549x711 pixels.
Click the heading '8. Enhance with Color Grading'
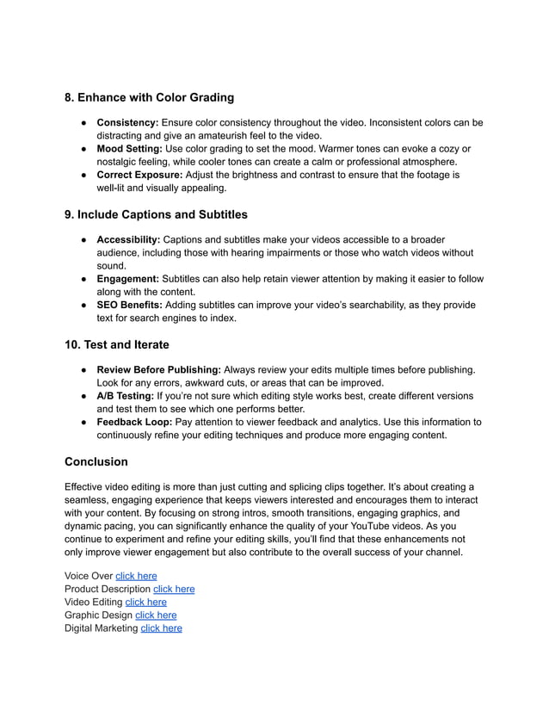click(x=149, y=97)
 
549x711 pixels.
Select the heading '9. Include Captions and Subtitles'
click(x=156, y=214)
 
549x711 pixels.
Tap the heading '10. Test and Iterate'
click(x=116, y=344)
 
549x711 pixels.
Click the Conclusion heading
click(x=96, y=461)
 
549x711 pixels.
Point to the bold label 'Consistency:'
click(x=127, y=122)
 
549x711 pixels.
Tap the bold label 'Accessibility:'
click(x=128, y=239)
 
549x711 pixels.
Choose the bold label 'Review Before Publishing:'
click(x=159, y=369)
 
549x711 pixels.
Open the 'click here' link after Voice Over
click(x=136, y=576)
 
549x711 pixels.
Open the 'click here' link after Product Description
click(x=174, y=589)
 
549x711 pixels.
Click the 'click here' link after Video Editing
click(x=146, y=602)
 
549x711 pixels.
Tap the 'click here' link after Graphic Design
click(x=156, y=615)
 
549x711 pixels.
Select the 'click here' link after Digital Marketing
click(x=161, y=628)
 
